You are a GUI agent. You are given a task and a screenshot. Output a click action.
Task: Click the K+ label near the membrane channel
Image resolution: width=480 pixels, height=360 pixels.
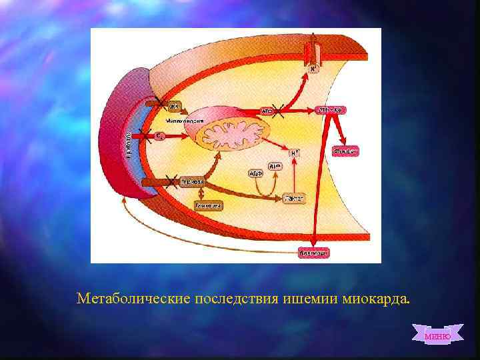coord(311,68)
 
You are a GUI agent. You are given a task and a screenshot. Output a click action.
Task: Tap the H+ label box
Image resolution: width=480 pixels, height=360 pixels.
coord(294,153)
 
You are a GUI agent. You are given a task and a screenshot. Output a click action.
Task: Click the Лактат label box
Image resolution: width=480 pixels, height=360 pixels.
coord(294,199)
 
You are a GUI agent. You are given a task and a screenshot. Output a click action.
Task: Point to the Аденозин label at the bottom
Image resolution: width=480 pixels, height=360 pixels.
coord(313,253)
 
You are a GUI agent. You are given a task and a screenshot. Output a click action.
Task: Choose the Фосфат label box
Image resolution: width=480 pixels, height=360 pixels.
coord(345,151)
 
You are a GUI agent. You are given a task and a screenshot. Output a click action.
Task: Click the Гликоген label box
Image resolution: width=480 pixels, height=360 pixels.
coord(209,206)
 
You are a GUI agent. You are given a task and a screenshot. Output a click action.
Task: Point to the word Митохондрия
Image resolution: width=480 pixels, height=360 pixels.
coord(185,121)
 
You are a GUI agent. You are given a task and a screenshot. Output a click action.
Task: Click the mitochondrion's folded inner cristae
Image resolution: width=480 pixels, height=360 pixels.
coord(231,136)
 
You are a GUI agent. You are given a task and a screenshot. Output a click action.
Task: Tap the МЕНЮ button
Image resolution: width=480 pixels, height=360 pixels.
coord(437,335)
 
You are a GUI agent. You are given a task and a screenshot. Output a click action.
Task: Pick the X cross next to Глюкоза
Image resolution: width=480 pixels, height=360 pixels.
coord(171,181)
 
